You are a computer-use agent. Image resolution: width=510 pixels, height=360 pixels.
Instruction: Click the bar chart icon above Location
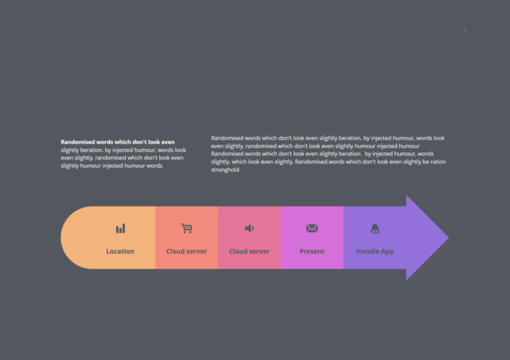pyautogui.click(x=120, y=229)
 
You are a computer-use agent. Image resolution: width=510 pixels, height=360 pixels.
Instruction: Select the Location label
pyautogui.click(x=120, y=252)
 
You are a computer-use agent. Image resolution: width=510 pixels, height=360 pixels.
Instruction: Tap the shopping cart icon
pyautogui.click(x=186, y=229)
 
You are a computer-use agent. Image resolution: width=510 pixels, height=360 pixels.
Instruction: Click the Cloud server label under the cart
pyautogui.click(x=186, y=252)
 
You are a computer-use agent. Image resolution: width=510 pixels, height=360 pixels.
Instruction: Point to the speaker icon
pyautogui.click(x=249, y=229)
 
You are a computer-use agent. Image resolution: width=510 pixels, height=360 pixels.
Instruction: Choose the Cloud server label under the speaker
pyautogui.click(x=249, y=252)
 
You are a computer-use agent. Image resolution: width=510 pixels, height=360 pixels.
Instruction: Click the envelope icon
pyautogui.click(x=312, y=229)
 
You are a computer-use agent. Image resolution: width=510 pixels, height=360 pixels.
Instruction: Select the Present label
pyautogui.click(x=312, y=252)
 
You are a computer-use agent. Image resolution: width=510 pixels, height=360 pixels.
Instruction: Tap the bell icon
pyautogui.click(x=375, y=229)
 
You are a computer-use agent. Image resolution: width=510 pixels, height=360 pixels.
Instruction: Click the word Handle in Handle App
pyautogui.click(x=367, y=252)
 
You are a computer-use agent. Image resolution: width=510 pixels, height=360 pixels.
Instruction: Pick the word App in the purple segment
pyautogui.click(x=387, y=252)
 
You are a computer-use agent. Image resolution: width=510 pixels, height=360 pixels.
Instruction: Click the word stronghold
pyautogui.click(x=225, y=170)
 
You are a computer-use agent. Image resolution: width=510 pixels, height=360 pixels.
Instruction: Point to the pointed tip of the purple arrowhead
pyautogui.click(x=449, y=237)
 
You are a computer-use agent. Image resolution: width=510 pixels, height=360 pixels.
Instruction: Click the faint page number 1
pyautogui.click(x=465, y=30)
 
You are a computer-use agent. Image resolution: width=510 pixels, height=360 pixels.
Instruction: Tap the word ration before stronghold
pyautogui.click(x=438, y=162)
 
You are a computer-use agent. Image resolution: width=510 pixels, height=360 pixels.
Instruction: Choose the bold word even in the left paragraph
pyautogui.click(x=168, y=142)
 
